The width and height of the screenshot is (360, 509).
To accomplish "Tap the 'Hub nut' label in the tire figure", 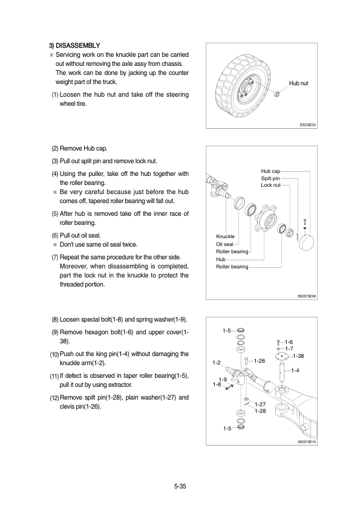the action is point(298,83).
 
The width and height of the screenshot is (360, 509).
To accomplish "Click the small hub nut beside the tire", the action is point(277,94).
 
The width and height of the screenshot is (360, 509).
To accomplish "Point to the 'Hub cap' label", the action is point(270,171).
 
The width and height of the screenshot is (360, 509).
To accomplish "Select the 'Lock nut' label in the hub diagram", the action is point(270,185).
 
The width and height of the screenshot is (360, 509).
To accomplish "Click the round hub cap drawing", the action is point(306,242).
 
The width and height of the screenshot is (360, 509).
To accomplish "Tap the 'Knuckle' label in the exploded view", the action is point(225,236).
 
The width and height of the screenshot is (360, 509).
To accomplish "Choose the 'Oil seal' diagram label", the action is point(224,244).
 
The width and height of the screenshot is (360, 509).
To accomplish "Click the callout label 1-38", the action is point(298,356).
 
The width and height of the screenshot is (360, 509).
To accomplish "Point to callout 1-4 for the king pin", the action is point(295,371).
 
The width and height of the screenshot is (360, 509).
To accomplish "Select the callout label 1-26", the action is point(260,361).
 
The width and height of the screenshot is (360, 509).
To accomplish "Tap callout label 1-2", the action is point(217,363).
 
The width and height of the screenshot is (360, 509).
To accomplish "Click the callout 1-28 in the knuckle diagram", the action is point(260,411).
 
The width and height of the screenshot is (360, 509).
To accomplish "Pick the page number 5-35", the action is point(180,486).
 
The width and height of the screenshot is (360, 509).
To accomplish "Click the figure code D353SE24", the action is point(307,125).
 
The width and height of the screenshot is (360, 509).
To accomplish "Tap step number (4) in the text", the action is point(55,174).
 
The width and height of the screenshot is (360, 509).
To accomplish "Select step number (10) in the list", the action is point(54,354).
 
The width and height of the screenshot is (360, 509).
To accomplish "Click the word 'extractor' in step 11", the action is point(120,385).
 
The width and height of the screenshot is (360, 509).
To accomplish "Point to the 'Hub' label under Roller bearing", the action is point(221,259).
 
